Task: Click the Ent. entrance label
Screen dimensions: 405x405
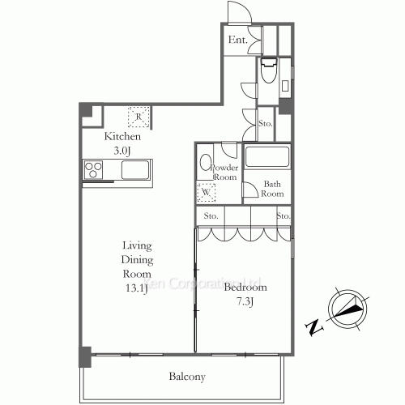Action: [237, 40]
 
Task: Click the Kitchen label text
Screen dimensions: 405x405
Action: [122, 137]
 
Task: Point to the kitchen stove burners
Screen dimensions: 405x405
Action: [94, 170]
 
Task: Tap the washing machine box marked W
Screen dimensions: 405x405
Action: [207, 193]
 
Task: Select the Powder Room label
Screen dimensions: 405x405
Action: [223, 172]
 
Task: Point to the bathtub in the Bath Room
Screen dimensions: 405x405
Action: [266, 157]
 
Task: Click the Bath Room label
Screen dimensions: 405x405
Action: [272, 189]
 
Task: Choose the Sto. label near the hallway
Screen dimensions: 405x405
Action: [265, 123]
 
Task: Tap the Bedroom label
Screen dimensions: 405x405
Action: [245, 288]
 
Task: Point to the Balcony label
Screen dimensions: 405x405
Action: [187, 377]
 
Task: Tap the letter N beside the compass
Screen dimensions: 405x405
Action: [313, 327]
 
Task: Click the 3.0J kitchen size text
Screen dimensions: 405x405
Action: [122, 151]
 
